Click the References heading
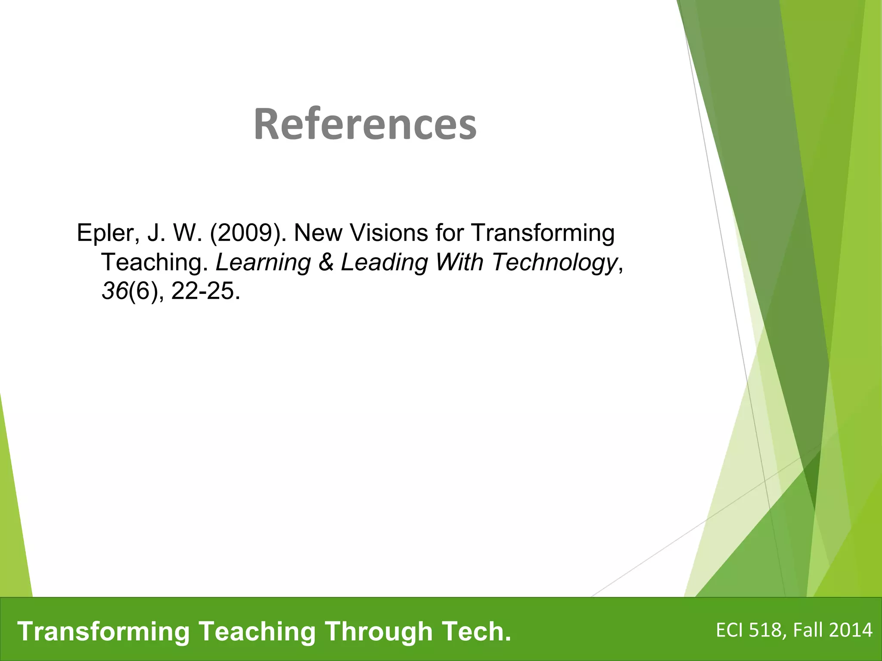click(365, 124)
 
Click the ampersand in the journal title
click(326, 262)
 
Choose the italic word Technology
click(555, 262)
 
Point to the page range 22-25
click(202, 291)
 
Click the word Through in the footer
click(379, 631)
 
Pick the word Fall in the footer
click(808, 630)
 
